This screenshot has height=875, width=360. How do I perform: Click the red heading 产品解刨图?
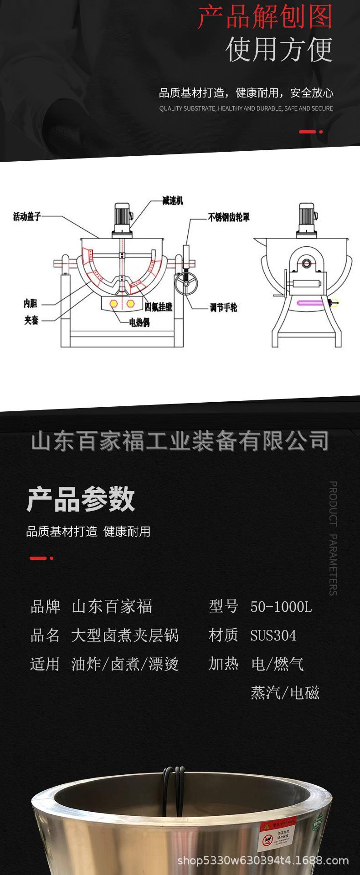coord(265,17)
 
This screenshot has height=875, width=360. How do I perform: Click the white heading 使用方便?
coord(279,50)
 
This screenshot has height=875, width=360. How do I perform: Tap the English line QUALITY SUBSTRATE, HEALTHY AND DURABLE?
coord(246,108)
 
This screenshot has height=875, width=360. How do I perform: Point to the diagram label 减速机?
coord(172,200)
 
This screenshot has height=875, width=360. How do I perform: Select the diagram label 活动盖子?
coord(27,216)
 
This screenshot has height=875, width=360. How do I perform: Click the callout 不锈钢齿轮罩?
coord(229,217)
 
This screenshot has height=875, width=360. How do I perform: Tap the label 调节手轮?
coord(223,307)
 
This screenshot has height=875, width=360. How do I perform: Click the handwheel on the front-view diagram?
coord(186,284)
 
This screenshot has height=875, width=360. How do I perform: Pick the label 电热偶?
coord(139,322)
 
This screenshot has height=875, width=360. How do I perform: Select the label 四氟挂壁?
coord(158,307)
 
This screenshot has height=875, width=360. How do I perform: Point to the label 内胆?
coord(31,303)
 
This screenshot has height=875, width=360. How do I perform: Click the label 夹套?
coord(31,320)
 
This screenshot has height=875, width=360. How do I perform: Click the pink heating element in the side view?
coord(310,302)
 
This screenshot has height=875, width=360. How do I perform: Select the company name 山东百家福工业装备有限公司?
coord(180,441)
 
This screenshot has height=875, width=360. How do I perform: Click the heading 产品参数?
coord(81,499)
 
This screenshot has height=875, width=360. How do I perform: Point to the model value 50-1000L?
coord(281,607)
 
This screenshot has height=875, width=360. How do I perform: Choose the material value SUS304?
coord(273,635)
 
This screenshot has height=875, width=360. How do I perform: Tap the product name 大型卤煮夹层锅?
coord(125,635)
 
